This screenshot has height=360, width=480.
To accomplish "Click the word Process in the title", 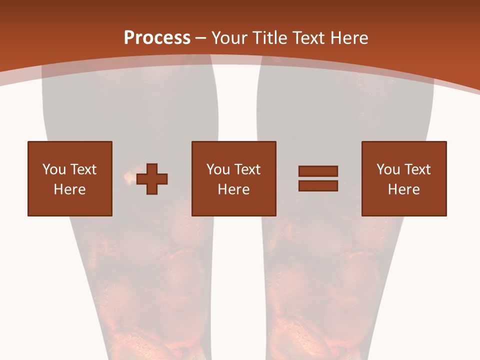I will [157, 38].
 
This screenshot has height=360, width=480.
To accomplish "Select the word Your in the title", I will [227, 38].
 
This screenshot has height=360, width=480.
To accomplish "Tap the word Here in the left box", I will [69, 189].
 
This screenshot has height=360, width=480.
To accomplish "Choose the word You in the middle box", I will [218, 169].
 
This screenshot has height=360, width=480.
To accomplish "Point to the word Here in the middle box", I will [233, 189].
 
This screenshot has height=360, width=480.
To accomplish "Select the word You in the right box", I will [388, 169].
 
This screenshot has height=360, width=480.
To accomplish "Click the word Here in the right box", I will [403, 189].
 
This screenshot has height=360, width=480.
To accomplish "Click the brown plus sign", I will [152, 179].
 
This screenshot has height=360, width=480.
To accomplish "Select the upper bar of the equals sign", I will [318, 171].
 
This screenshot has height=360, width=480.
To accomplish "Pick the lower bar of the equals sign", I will [318, 185].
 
